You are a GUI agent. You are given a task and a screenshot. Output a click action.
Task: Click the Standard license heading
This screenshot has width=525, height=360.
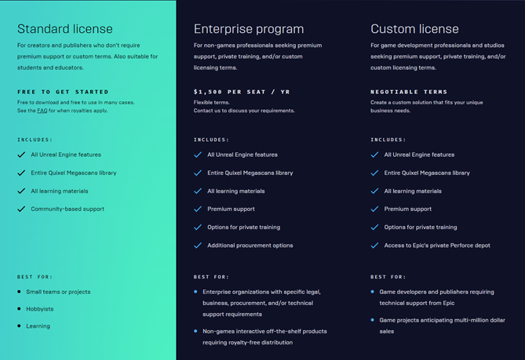(65, 29)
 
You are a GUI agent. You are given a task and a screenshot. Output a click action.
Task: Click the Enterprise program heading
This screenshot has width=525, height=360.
(249, 30)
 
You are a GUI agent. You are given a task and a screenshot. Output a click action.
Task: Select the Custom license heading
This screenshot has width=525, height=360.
(414, 29)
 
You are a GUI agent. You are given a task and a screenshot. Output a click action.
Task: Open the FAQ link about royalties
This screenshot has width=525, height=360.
(42, 111)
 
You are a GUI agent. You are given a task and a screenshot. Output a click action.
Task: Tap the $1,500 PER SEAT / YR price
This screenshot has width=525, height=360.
(242, 92)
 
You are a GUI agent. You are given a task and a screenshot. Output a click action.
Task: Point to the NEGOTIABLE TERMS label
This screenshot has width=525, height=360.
(409, 92)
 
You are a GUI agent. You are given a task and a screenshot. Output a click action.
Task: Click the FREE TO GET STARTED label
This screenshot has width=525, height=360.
(63, 92)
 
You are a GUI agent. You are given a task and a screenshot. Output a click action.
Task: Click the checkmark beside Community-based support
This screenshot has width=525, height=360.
(21, 209)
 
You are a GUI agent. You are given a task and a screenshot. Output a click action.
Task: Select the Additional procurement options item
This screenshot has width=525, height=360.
(250, 245)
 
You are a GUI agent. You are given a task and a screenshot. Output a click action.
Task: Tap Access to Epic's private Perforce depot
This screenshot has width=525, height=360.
(437, 245)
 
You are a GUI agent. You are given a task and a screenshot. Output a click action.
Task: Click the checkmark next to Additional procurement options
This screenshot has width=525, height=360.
(198, 245)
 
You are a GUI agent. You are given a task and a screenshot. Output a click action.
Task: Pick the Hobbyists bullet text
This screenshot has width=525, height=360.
(40, 309)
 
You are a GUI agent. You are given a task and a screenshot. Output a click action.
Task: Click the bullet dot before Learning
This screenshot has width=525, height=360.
(19, 325)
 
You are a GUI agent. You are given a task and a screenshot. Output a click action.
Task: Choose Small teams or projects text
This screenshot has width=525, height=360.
(58, 292)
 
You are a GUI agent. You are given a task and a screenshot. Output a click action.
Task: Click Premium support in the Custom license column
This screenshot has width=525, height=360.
(408, 209)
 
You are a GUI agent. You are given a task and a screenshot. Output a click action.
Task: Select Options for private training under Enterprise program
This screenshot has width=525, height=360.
(244, 227)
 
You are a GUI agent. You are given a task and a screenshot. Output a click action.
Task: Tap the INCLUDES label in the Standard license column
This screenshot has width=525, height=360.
(35, 140)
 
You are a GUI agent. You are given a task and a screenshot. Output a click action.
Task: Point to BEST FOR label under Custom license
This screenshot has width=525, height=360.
(388, 277)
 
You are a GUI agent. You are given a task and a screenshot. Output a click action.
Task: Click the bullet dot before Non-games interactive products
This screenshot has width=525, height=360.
(195, 331)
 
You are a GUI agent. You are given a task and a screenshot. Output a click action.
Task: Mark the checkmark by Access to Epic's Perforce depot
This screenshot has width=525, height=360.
(374, 245)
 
